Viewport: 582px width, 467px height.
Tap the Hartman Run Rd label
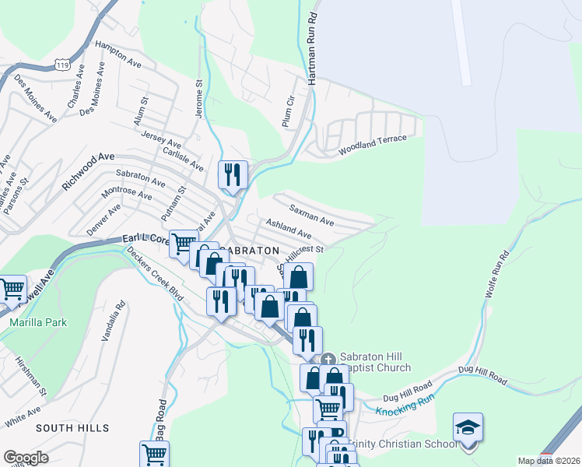[313, 49]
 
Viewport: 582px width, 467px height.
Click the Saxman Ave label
[311, 216]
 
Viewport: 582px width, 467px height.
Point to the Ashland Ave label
[288, 229]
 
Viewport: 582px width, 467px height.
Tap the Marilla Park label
[39, 322]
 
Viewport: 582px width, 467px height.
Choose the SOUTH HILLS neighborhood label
[72, 428]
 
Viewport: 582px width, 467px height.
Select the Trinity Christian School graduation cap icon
[468, 428]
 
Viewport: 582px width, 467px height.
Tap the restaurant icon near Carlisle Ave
[233, 174]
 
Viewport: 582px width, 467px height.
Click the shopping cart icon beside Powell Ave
[12, 290]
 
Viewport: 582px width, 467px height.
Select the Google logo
[26, 458]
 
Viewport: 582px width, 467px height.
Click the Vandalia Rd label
[114, 322]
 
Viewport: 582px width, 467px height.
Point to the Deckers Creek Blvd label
[155, 277]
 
